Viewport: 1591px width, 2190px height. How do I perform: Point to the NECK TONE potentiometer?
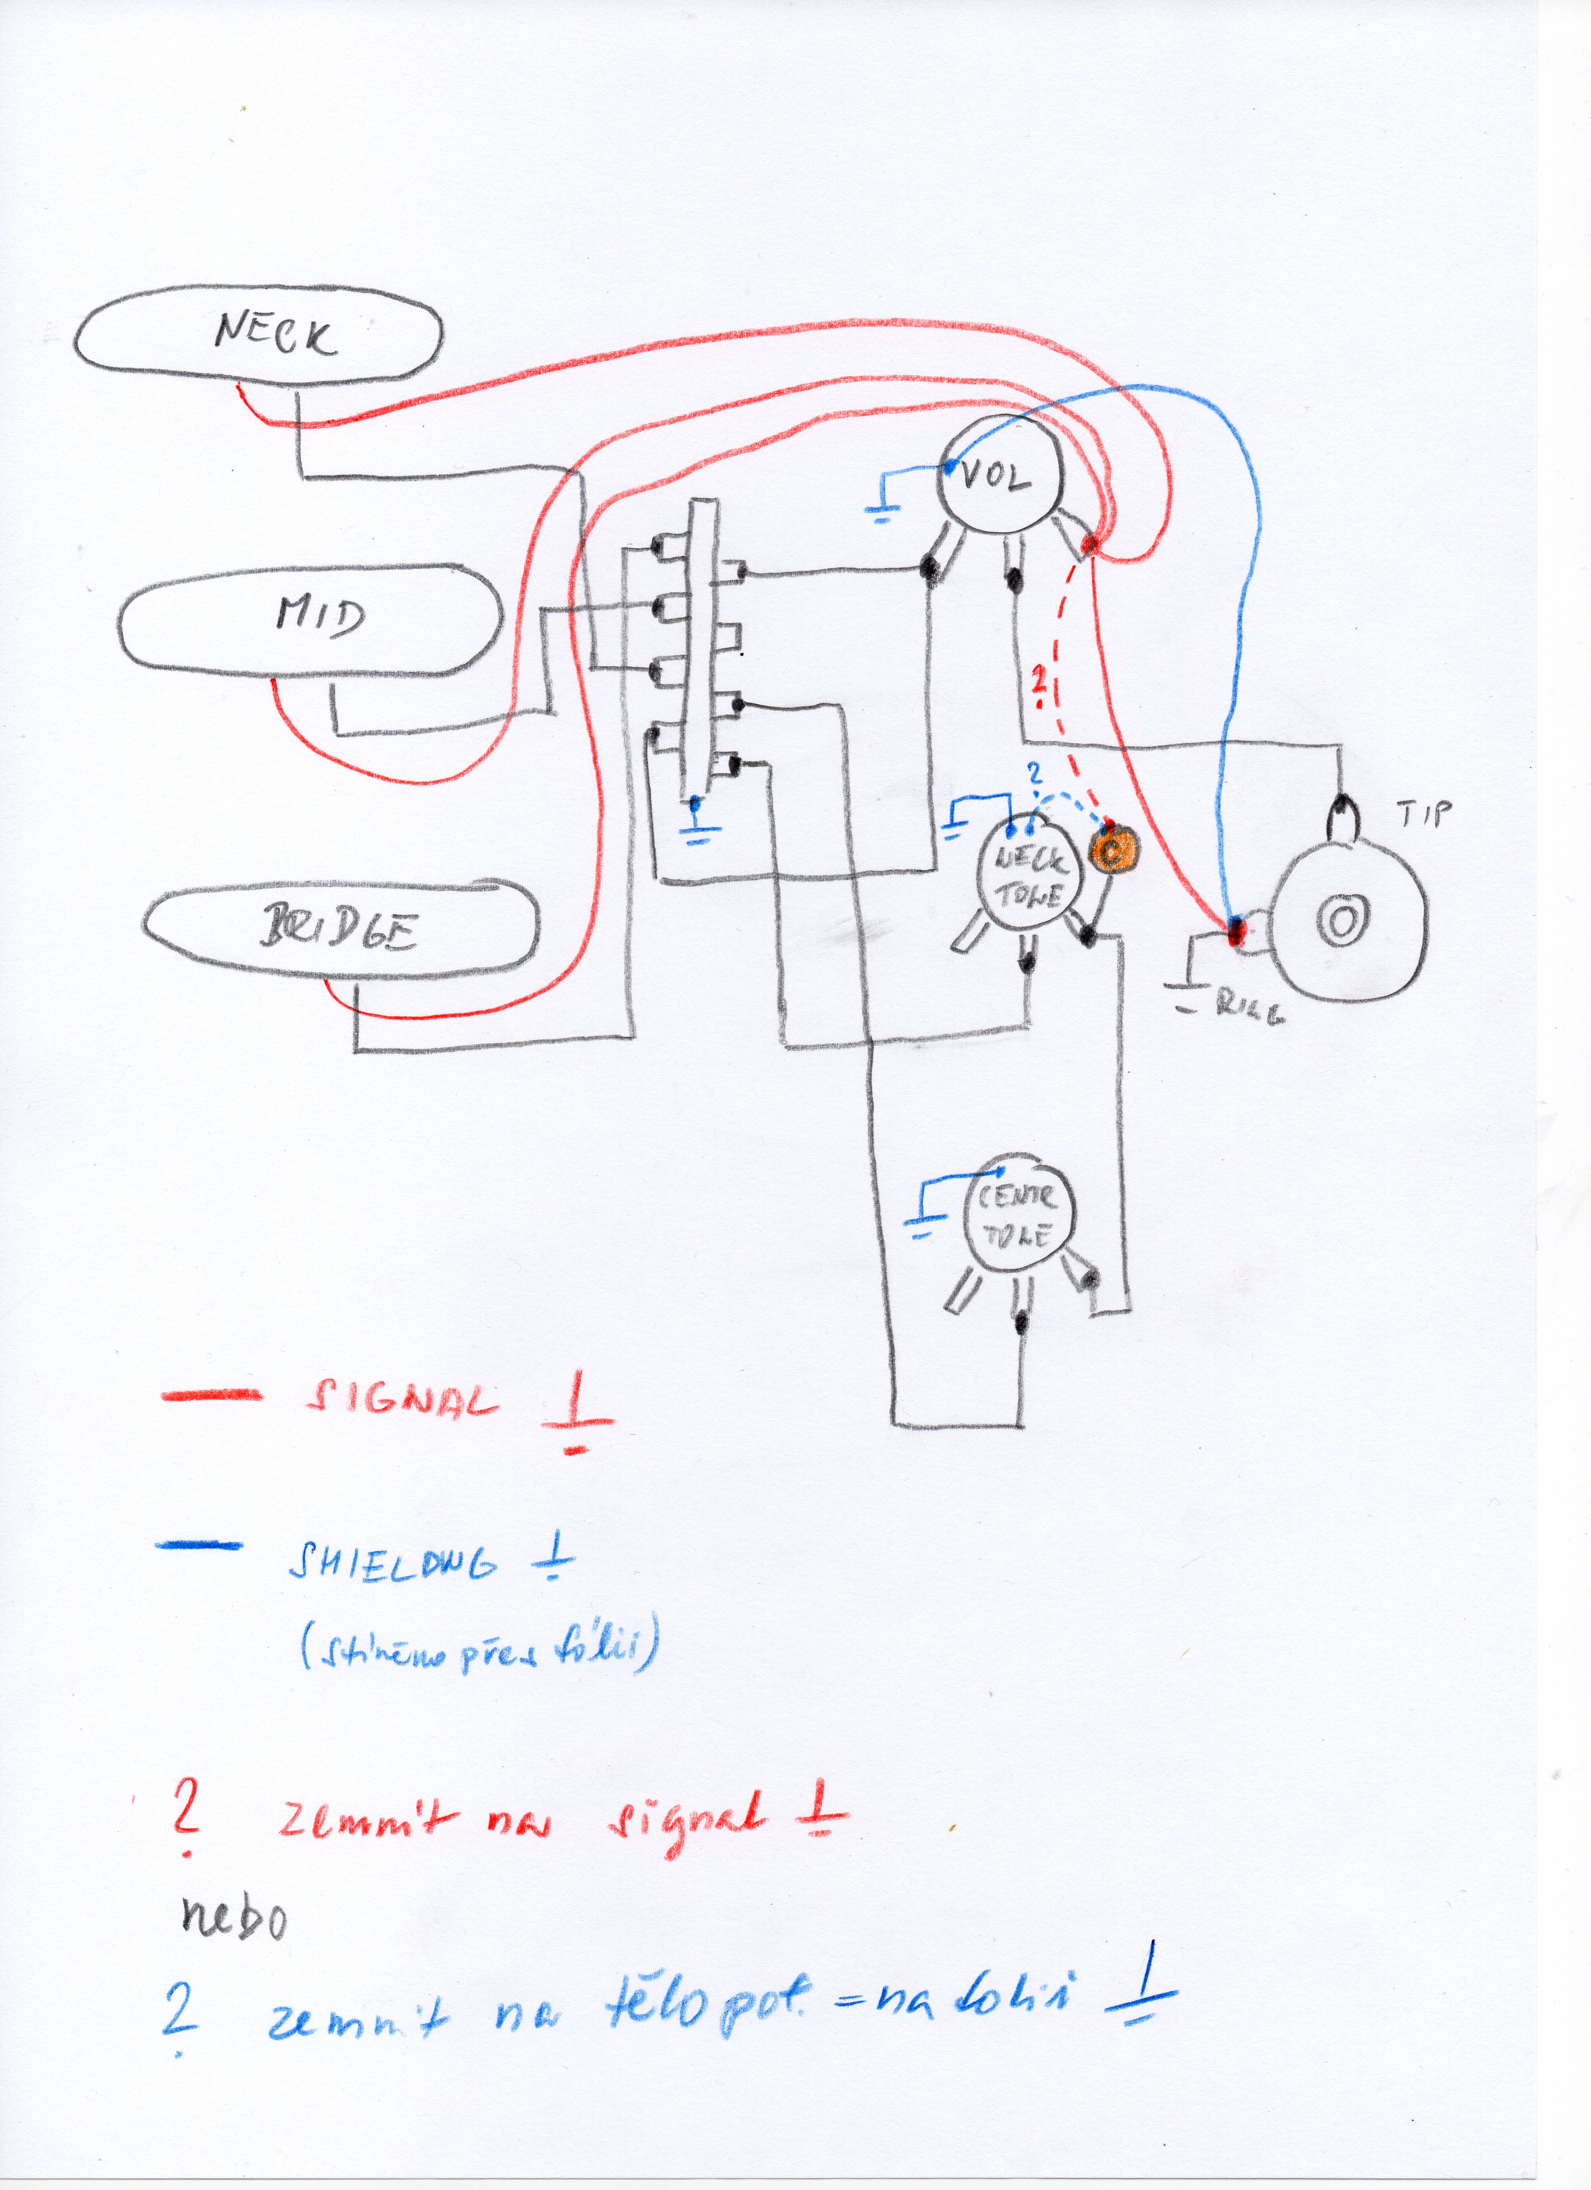coord(1030,875)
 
